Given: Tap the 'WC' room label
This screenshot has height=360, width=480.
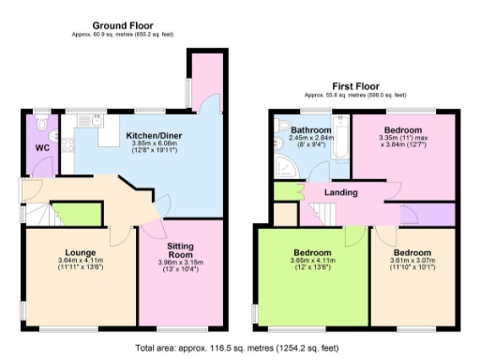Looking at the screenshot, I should point(41,147).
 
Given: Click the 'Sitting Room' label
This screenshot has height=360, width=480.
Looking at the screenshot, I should point(180,248).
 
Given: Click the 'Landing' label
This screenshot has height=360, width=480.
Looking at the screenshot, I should point(341,192).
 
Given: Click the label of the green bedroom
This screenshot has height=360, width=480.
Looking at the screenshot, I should point(311,253).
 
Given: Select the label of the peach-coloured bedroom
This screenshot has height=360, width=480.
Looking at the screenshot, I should point(412,253).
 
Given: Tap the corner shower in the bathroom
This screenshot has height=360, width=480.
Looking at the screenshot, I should point(284,167).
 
